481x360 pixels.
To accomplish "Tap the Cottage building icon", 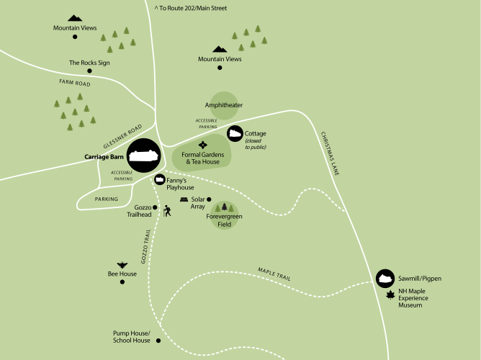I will pos(235,133).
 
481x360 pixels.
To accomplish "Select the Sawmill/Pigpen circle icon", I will pos(385,277).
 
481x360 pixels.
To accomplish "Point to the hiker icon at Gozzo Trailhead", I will pos(167,211).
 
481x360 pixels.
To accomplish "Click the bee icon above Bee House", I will pos(122,265).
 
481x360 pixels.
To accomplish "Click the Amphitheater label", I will pos(224,105).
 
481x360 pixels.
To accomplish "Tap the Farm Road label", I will pos(75,84).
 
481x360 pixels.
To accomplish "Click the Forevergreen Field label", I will pos(225,220).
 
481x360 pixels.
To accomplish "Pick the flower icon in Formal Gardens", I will pos(202,144).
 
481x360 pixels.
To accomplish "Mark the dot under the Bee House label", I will pos(122,282).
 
